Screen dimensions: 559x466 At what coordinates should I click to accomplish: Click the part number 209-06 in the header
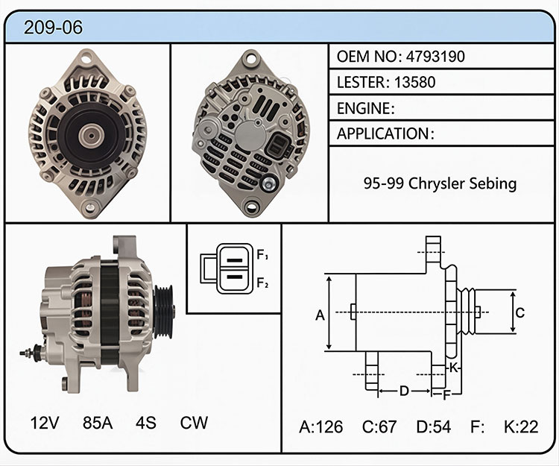coord(53,28)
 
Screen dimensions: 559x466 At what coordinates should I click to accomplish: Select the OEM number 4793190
coord(435,57)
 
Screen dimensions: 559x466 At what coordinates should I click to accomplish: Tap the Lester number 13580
coord(415,82)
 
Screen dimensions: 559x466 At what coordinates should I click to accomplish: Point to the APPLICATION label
coord(383,133)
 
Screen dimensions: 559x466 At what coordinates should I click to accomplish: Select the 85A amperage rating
coord(98,423)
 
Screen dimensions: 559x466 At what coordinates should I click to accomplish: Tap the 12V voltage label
coord(45,423)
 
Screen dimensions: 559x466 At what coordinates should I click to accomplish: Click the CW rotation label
coord(194,423)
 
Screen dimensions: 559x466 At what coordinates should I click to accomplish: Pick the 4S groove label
coord(146,423)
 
